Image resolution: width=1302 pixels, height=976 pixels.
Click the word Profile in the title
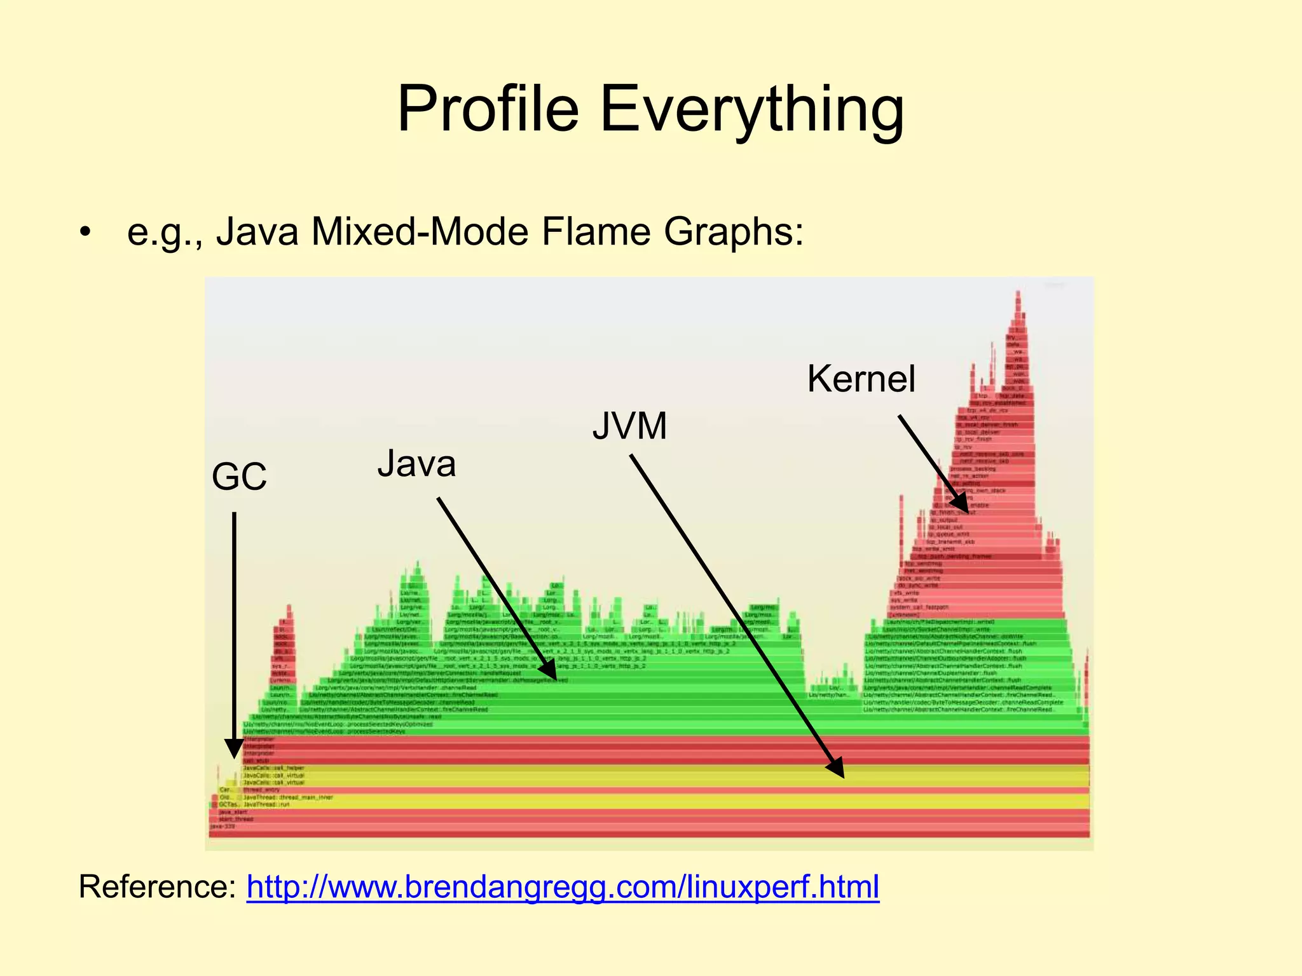[488, 109]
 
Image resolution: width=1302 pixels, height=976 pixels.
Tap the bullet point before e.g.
[86, 232]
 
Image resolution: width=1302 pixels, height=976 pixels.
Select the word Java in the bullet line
[257, 232]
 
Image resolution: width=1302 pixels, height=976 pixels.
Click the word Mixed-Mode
[420, 232]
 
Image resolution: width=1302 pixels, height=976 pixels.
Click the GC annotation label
[239, 477]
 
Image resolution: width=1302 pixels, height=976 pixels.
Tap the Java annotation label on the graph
[416, 464]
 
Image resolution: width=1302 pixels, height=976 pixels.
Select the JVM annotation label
[629, 426]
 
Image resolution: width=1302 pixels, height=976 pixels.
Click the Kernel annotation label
[861, 379]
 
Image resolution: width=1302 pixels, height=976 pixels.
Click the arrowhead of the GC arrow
[234, 750]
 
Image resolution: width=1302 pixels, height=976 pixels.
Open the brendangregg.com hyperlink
[563, 887]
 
